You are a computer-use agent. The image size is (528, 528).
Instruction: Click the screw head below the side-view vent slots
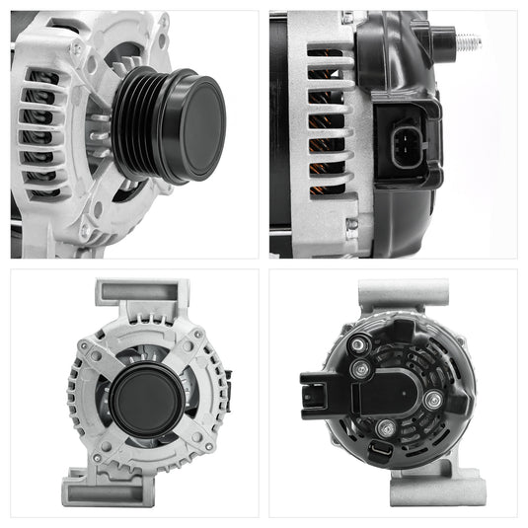click(351, 224)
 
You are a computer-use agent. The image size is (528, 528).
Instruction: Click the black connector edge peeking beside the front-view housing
click(228, 380)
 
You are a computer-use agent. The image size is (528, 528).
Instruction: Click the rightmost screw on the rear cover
click(432, 400)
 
